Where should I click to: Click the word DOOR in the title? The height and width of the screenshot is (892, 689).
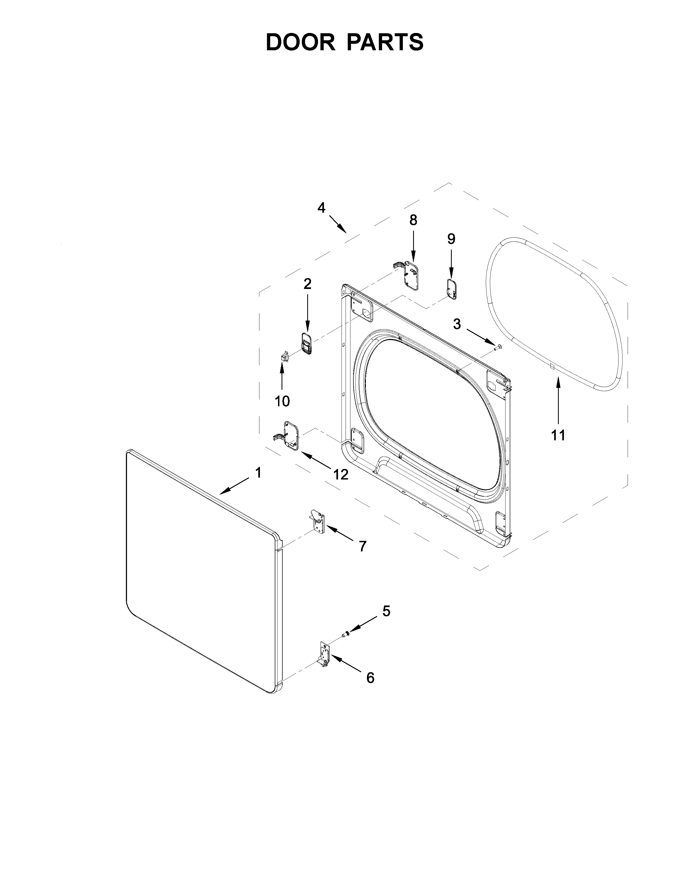[x=300, y=42]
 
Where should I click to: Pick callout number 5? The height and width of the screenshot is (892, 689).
[x=386, y=623]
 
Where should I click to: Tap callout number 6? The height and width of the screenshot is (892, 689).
[x=370, y=678]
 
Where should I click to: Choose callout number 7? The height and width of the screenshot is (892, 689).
[x=362, y=546]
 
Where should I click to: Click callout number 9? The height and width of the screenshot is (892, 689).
[x=451, y=239]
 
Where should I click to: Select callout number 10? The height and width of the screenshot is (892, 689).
[x=282, y=401]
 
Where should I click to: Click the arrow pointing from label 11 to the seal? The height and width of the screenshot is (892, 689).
[x=558, y=400]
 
